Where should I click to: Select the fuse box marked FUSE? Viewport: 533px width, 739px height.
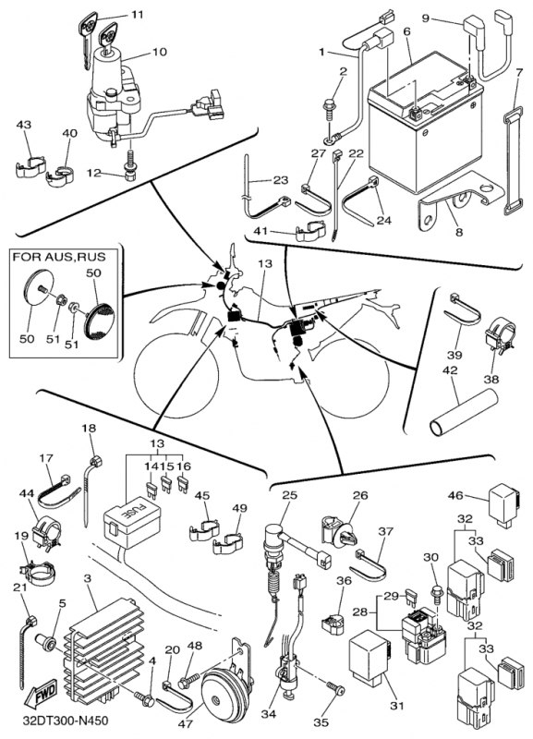point(130,526)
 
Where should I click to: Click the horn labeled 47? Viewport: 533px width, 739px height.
point(225,689)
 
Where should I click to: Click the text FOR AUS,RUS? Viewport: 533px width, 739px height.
point(59,257)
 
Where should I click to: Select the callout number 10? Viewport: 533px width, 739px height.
point(159,51)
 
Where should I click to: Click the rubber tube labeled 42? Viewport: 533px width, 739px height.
point(464,411)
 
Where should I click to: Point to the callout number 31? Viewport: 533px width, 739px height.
point(397,706)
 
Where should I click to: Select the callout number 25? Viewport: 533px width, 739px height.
point(290,495)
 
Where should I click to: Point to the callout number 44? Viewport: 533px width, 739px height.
point(28,493)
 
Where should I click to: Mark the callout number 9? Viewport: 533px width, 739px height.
point(425,18)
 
